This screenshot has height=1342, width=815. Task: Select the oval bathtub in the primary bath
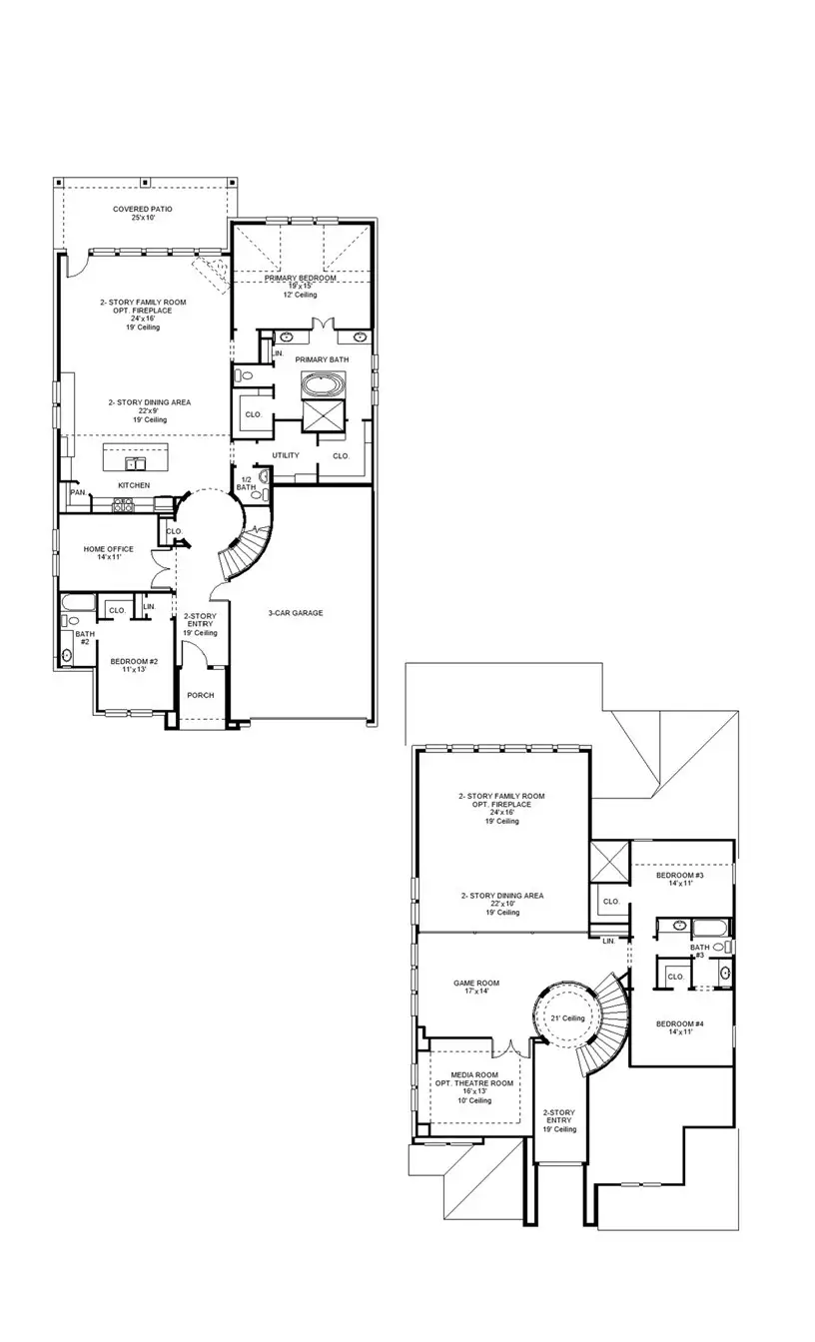(x=323, y=386)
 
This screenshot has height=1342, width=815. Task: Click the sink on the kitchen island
(x=135, y=464)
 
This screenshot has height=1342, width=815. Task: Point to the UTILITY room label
(x=286, y=455)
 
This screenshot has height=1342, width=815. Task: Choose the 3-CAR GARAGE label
(x=295, y=612)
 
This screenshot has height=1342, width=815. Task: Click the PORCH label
(x=200, y=695)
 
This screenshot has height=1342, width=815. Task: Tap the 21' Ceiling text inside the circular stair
(x=567, y=1017)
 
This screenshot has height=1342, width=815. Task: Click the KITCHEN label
(x=134, y=485)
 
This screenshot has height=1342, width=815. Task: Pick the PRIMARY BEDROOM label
(x=300, y=279)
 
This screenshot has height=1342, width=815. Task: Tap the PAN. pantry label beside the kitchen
(x=77, y=491)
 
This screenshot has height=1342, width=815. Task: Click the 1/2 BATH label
(x=246, y=483)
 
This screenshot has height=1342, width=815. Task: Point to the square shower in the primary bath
(x=323, y=418)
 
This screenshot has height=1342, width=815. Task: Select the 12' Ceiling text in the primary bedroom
(x=299, y=296)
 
